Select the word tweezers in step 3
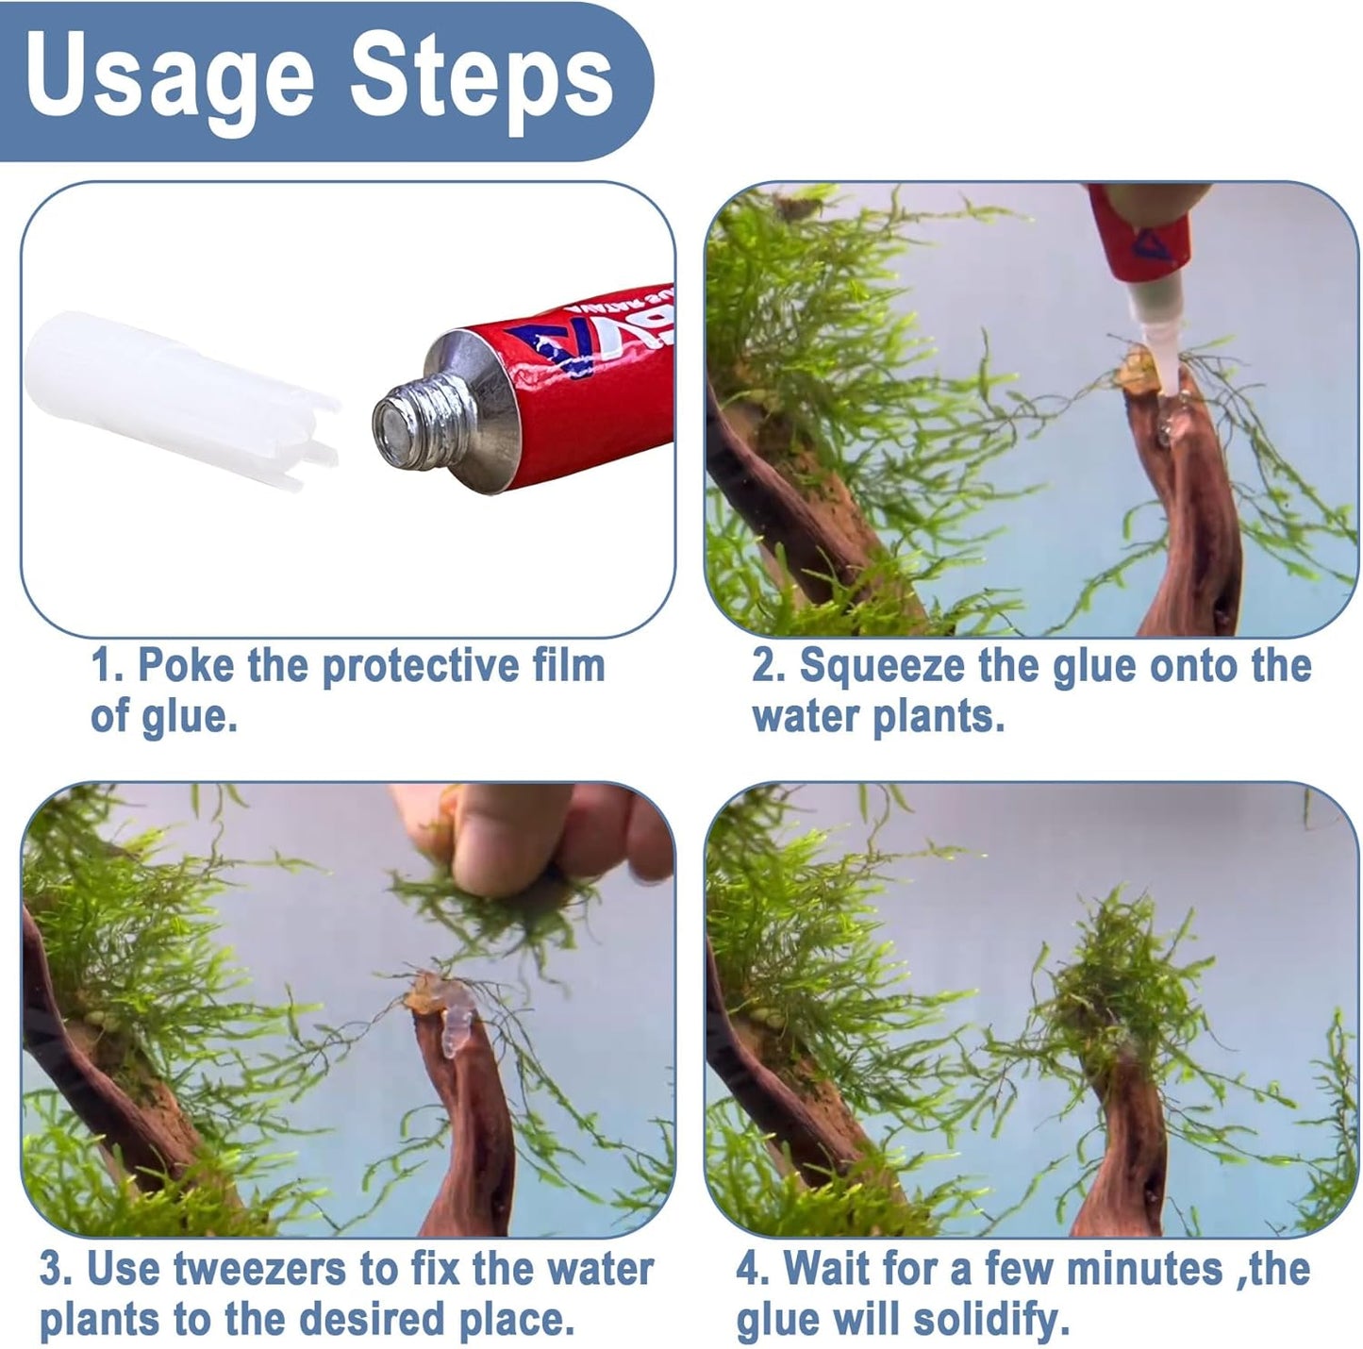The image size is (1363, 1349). (250, 1269)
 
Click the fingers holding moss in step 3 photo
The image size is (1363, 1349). (528, 840)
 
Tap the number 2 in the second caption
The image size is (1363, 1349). (764, 666)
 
